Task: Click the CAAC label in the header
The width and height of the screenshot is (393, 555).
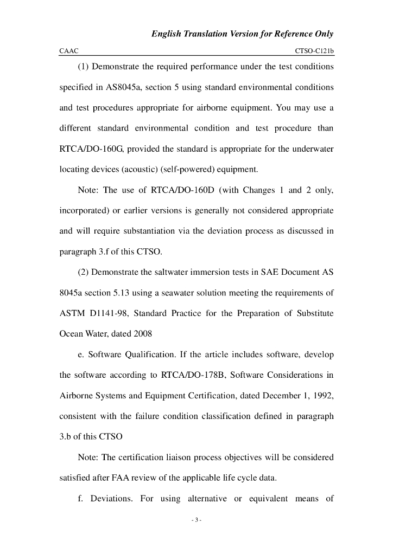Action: [68, 50]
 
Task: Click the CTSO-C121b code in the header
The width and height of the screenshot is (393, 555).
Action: [314, 50]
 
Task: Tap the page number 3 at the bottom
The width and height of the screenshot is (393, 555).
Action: [196, 520]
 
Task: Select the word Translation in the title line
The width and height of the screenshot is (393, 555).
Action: [208, 34]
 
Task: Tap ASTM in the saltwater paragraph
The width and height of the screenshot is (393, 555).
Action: [71, 314]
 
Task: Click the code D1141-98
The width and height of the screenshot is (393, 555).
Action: [112, 314]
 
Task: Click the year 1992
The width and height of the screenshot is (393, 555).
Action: [321, 396]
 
